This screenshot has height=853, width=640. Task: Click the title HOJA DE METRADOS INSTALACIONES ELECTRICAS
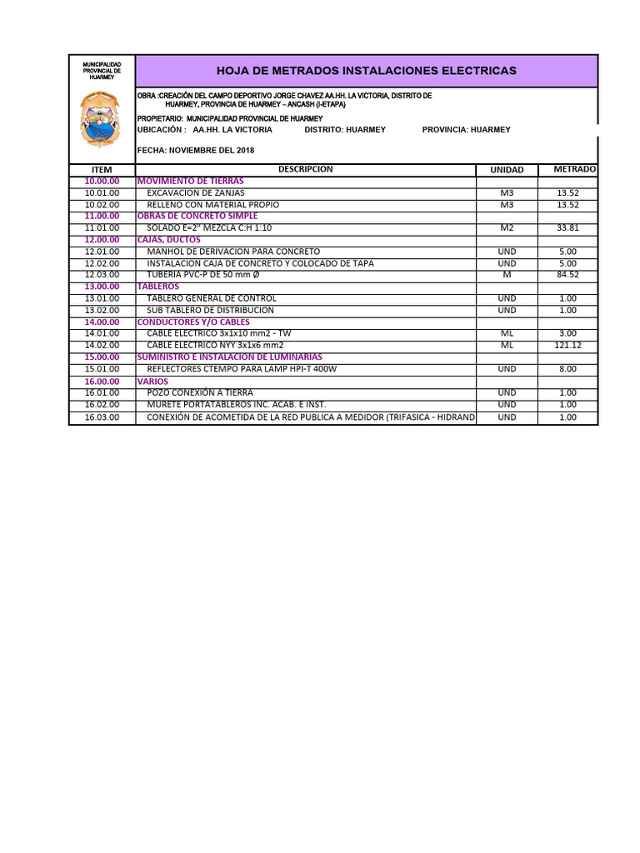tap(366, 71)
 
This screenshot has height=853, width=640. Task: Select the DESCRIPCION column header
tap(305, 169)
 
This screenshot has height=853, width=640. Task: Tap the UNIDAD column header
tap(507, 170)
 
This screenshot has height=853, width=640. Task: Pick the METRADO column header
tap(574, 169)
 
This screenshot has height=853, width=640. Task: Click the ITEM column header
tap(102, 170)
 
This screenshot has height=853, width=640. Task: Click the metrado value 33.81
tap(567, 227)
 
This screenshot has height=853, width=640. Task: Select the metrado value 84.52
tap(567, 275)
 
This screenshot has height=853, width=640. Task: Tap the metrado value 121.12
tap(567, 345)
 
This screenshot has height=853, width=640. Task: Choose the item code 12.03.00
tap(102, 275)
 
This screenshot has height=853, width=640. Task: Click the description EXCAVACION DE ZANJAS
tap(196, 192)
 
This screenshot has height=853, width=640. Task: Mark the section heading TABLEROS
tap(158, 287)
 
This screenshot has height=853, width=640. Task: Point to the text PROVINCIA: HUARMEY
tap(467, 130)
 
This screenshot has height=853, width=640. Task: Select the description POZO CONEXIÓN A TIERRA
tap(200, 392)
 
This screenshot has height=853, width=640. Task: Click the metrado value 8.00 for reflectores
tap(567, 368)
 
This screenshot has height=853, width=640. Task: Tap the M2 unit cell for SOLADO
tap(507, 227)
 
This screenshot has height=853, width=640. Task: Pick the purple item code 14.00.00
tap(102, 322)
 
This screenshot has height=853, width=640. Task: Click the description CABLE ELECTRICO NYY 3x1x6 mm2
tap(215, 345)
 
